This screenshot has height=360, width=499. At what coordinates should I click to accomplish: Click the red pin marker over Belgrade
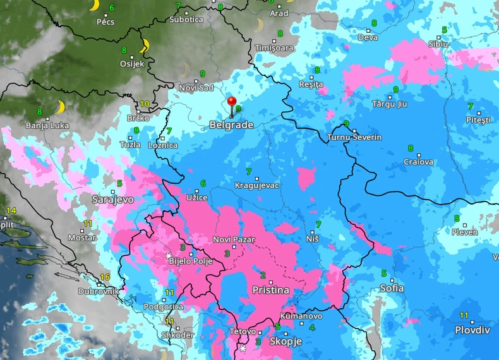[x=232, y=102]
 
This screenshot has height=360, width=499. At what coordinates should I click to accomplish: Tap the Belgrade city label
[x=231, y=125]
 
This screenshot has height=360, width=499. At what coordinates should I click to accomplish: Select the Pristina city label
[x=270, y=291]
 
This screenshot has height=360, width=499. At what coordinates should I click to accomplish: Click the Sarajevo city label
[x=112, y=199]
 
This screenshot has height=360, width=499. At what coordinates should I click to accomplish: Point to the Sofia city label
[x=392, y=288]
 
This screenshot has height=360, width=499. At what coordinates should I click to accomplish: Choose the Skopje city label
[x=286, y=341]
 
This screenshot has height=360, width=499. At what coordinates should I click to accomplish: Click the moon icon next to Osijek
[x=145, y=45]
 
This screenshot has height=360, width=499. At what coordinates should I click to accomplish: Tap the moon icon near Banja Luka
[x=61, y=107]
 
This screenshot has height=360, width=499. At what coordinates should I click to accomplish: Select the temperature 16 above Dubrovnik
[x=105, y=277]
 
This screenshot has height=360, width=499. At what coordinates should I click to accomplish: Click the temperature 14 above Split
[x=11, y=210]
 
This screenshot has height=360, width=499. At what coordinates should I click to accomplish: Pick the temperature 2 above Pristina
[x=262, y=275]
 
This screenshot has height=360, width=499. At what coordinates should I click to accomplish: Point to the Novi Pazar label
[x=234, y=239]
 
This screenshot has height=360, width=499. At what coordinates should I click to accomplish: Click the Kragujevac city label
[x=256, y=185]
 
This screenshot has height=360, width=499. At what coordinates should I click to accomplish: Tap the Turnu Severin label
[x=354, y=137]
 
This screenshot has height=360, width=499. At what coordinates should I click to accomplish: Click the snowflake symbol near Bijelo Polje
[x=169, y=256]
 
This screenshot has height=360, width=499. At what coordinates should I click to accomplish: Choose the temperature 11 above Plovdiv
[x=464, y=315]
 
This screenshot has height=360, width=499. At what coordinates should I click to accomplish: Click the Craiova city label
[x=419, y=162]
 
